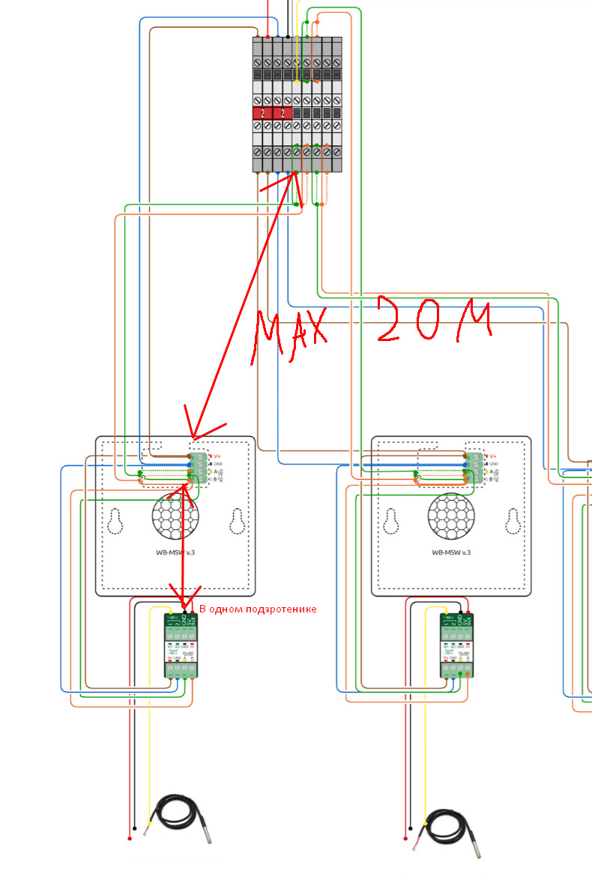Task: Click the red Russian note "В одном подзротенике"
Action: tap(258, 609)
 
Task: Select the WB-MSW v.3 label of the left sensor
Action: tap(175, 552)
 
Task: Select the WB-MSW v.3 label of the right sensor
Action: tap(451, 552)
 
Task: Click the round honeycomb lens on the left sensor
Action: tap(176, 515)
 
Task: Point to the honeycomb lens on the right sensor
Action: tap(452, 515)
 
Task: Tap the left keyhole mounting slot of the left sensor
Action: tap(115, 522)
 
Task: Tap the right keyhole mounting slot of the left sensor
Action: tap(237, 522)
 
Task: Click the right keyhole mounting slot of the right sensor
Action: tap(513, 522)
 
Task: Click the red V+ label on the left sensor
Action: tap(217, 456)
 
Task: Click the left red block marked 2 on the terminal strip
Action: tap(262, 113)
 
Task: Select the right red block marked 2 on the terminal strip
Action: tap(282, 113)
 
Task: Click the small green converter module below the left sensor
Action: tap(181, 645)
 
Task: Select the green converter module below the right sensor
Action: tap(456, 645)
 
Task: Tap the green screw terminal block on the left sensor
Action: tap(200, 468)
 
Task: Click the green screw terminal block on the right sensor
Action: tap(476, 468)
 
